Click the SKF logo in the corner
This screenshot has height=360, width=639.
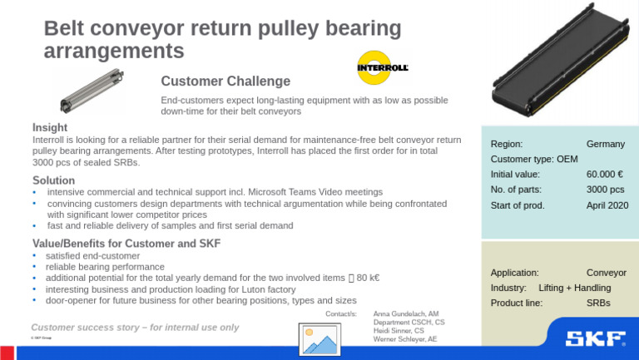(x=596, y=338)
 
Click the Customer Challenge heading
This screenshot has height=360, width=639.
(x=225, y=81)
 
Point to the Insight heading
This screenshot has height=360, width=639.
(x=50, y=127)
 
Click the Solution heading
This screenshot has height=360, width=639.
(x=53, y=180)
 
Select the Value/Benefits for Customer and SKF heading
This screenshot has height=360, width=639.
(x=126, y=243)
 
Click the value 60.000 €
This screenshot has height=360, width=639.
(x=605, y=175)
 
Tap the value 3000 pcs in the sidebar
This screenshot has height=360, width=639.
(x=605, y=190)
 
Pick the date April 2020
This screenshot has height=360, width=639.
(x=607, y=205)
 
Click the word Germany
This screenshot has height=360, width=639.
(x=605, y=144)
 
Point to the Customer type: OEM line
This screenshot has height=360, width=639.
(x=534, y=159)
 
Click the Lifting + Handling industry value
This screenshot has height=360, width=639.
(x=574, y=288)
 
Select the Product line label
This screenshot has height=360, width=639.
(x=517, y=303)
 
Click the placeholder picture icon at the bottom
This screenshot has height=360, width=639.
(x=319, y=339)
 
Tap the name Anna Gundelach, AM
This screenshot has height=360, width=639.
(x=406, y=314)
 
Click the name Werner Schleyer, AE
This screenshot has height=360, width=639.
(x=405, y=339)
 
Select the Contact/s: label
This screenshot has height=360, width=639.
(x=341, y=313)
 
